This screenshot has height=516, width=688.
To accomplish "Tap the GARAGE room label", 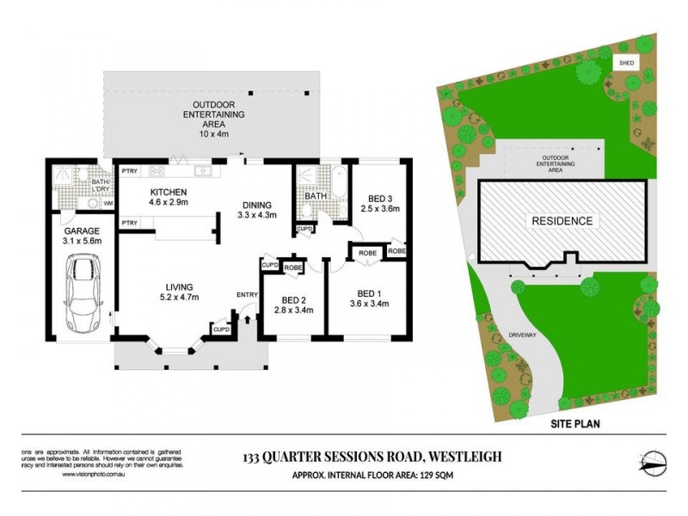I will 83,236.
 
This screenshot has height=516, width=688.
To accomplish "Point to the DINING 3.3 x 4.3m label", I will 256,210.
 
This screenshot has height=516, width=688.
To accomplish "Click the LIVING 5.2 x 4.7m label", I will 180,292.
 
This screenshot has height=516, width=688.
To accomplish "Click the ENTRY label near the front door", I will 248,296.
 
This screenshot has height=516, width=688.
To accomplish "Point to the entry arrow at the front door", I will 248,320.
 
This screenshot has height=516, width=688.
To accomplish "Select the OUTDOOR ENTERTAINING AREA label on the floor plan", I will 211,115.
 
